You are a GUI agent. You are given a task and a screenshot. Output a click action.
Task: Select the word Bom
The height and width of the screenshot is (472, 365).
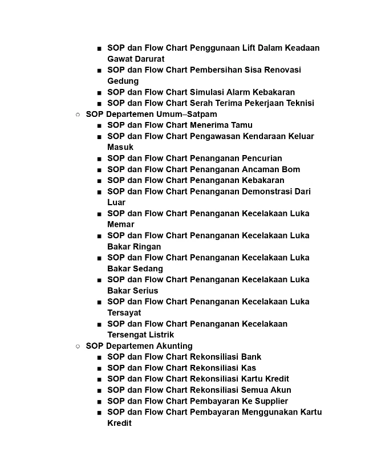(291, 169)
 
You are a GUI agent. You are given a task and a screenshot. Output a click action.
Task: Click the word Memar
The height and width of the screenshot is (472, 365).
(121, 224)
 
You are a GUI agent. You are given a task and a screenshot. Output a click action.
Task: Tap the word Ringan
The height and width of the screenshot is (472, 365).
(148, 246)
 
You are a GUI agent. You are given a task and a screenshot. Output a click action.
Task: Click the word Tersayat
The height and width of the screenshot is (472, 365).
(124, 312)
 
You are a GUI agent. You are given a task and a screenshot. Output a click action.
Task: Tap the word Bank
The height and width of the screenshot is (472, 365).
(251, 357)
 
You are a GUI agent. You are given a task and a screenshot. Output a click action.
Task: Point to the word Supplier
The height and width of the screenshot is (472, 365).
(268, 401)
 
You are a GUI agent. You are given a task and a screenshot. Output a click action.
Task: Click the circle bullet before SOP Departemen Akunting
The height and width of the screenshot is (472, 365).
(78, 346)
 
